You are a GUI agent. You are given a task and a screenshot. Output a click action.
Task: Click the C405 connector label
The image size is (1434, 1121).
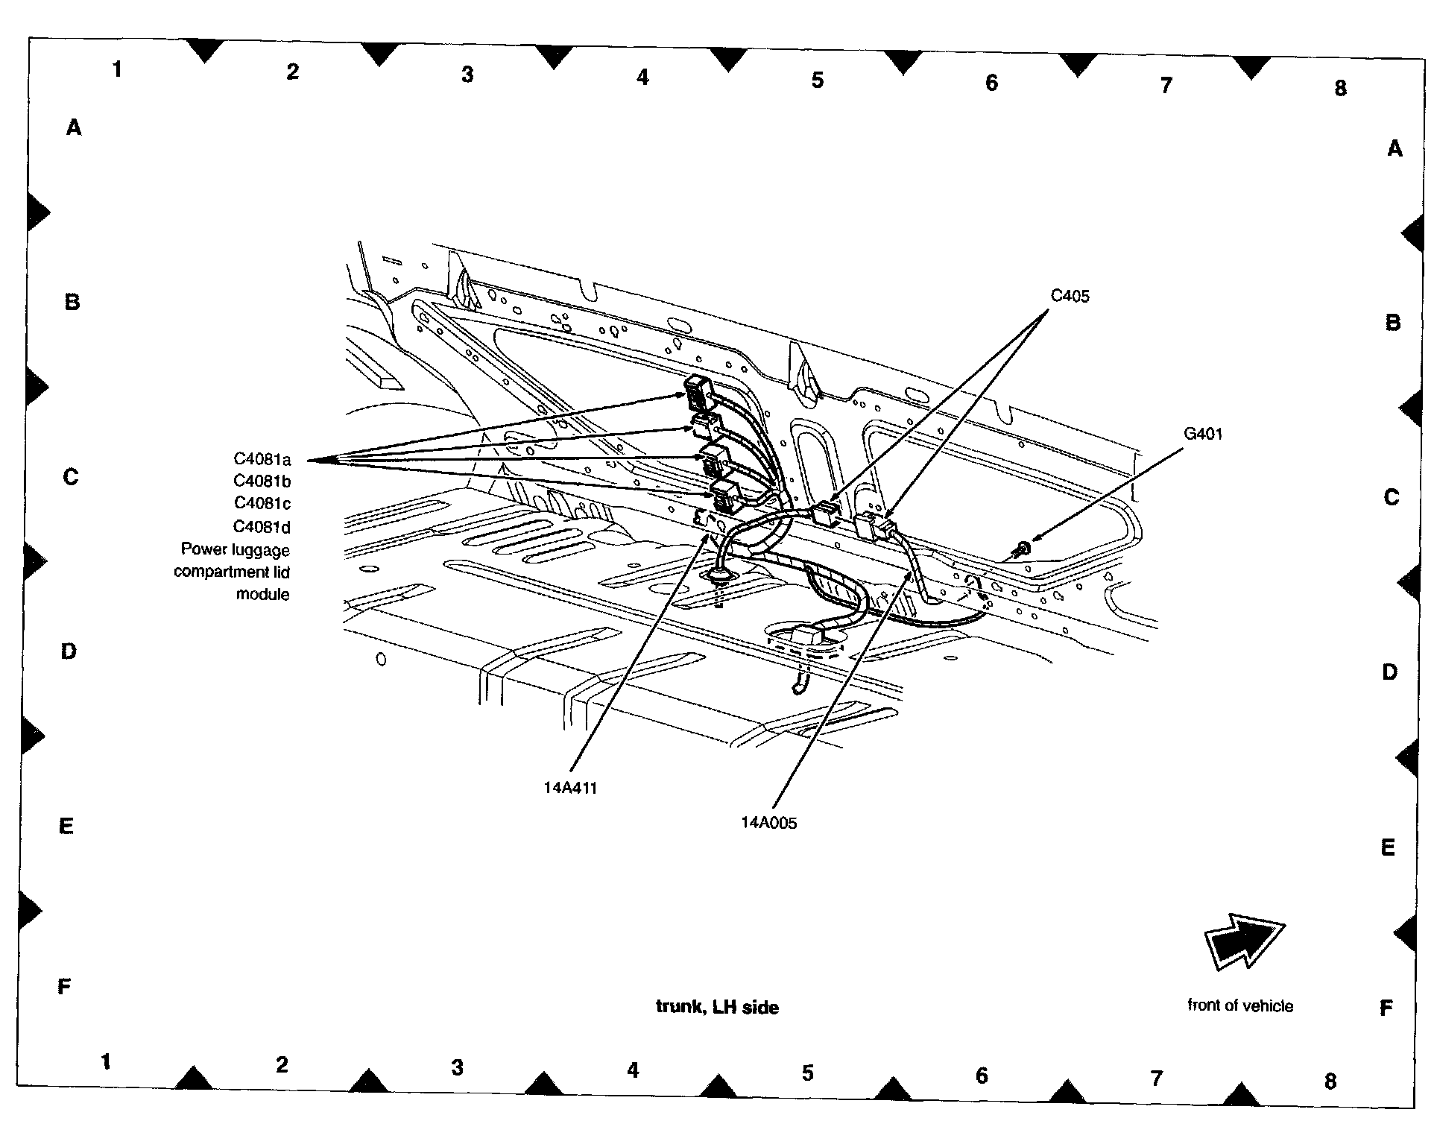(1069, 296)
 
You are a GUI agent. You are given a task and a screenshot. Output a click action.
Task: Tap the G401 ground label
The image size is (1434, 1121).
(1202, 434)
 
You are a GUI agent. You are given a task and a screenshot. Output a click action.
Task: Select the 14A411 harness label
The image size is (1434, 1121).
(570, 788)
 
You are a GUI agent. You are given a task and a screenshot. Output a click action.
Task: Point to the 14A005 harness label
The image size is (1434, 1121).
(768, 823)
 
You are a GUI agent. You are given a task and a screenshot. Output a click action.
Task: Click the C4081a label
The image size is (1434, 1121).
(262, 459)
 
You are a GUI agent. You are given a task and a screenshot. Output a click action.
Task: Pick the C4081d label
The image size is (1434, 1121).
(262, 527)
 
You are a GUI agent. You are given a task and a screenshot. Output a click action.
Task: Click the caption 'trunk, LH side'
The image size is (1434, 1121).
(717, 1008)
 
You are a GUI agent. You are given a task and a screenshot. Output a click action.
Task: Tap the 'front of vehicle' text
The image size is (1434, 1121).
(1239, 1005)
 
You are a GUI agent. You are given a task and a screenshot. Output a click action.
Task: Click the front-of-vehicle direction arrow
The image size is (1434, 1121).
(1243, 942)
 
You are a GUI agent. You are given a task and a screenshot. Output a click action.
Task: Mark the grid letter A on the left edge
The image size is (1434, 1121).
(73, 128)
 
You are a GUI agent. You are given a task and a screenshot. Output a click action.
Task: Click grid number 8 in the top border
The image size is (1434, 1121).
(1340, 89)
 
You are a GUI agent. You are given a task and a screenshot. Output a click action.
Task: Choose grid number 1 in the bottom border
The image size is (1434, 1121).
(106, 1061)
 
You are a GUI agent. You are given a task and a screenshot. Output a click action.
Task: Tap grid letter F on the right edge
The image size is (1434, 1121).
(1386, 1008)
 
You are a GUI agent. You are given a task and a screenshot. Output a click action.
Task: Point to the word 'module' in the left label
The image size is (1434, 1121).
(262, 594)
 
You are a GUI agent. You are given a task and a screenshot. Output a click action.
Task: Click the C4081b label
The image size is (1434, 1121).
(262, 481)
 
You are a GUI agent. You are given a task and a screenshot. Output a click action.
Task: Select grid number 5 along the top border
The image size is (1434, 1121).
(817, 80)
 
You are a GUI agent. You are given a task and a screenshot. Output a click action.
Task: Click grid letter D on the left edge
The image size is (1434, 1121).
(69, 651)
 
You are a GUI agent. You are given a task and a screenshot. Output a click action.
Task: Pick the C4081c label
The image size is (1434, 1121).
(262, 504)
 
